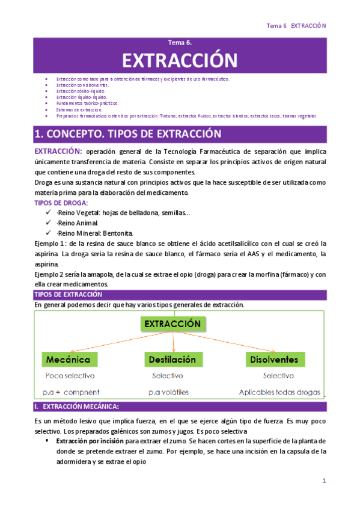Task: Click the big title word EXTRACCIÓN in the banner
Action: [180, 60]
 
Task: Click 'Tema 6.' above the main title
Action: [180, 43]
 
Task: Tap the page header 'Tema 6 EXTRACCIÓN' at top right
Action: [296, 26]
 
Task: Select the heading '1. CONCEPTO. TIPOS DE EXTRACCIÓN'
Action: [127, 134]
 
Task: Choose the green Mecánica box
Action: [70, 360]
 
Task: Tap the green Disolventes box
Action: [275, 360]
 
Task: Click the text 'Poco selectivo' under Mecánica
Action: [70, 375]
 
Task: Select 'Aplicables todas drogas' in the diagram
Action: [279, 392]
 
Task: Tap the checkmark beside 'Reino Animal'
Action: [49, 223]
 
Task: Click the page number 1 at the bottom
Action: [324, 481]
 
